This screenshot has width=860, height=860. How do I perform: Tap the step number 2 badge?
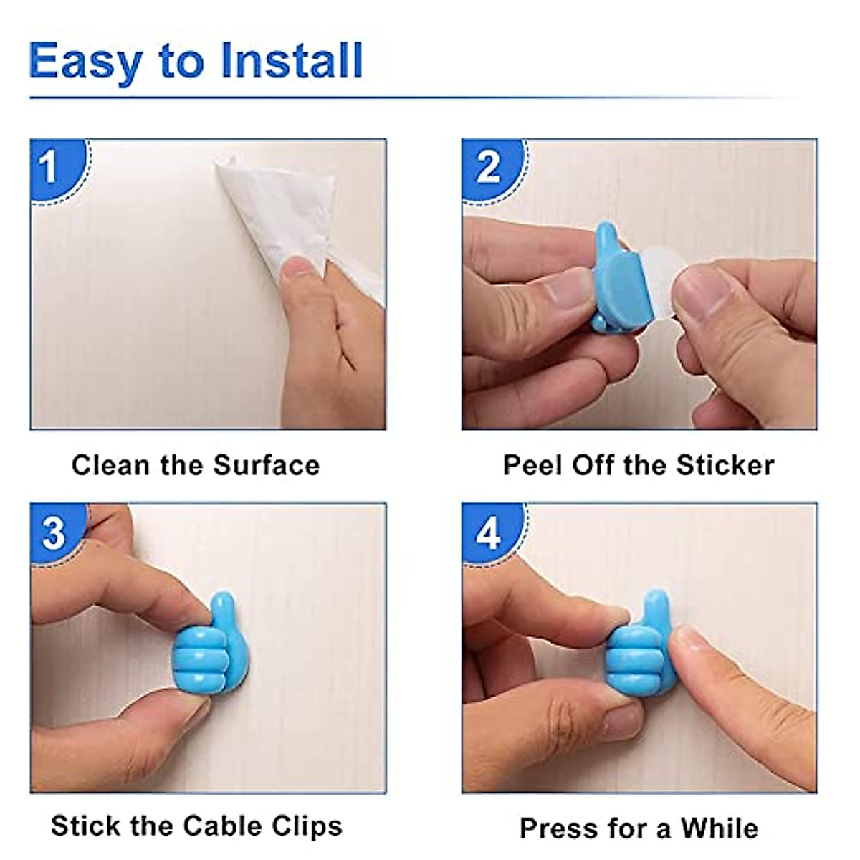[x=489, y=167]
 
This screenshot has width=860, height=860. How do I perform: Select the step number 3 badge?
[x=53, y=533]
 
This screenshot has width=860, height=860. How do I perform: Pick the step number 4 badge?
[x=489, y=533]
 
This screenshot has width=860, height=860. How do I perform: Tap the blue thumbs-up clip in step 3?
[x=204, y=645]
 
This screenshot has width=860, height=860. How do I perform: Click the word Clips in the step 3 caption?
[x=307, y=826]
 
